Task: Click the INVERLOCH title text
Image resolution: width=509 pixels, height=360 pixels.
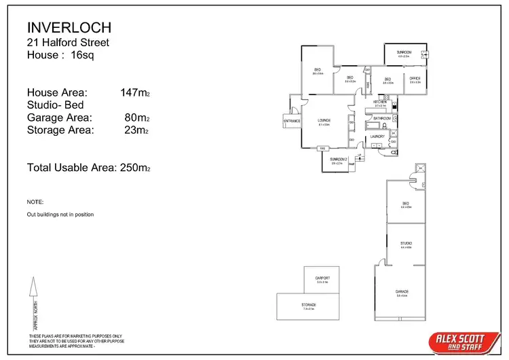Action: [x=69, y=27]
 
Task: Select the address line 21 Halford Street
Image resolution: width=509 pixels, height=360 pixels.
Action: [x=68, y=43]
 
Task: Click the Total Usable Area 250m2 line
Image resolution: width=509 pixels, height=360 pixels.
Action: [x=88, y=167]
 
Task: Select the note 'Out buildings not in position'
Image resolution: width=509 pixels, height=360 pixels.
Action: [x=60, y=215]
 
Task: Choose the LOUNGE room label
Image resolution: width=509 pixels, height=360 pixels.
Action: [x=324, y=120]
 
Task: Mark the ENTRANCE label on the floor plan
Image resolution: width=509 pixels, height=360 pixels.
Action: [x=293, y=121]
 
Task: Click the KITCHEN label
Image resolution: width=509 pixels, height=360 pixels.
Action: [x=380, y=102]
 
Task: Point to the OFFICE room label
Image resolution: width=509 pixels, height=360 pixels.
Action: [x=415, y=79]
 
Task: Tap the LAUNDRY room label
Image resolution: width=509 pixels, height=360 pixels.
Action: [x=377, y=137]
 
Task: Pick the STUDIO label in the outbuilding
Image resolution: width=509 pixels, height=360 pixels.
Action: [x=407, y=242]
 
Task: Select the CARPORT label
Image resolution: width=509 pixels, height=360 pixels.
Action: [x=322, y=278]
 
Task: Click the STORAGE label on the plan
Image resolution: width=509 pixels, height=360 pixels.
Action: [x=309, y=305]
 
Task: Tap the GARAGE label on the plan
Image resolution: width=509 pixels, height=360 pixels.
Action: [x=402, y=292]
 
